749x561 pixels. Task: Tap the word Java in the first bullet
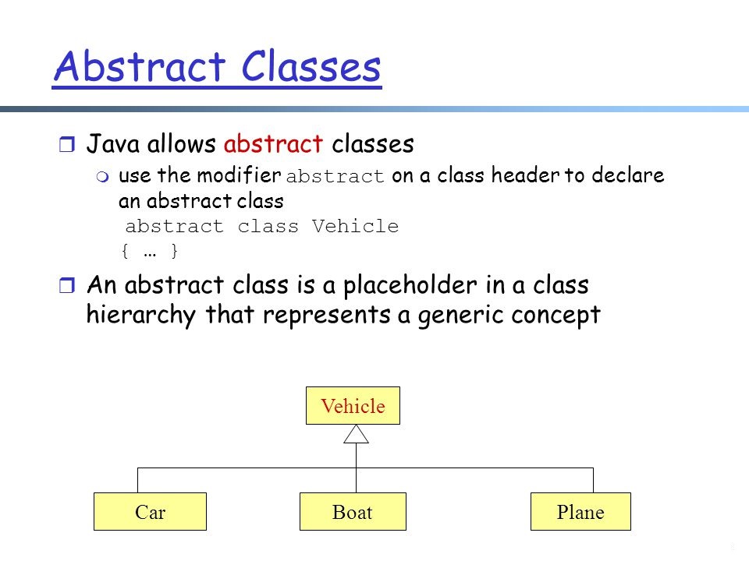click(x=112, y=144)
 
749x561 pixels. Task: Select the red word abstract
click(x=273, y=144)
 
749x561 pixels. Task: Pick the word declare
click(x=630, y=176)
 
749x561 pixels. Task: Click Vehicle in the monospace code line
click(x=355, y=227)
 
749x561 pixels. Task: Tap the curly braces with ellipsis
click(x=150, y=252)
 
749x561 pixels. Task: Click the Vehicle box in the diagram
click(x=353, y=406)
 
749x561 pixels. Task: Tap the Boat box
click(x=353, y=512)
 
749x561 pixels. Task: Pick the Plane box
click(x=580, y=512)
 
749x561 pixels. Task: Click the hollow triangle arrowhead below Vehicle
click(x=356, y=434)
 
